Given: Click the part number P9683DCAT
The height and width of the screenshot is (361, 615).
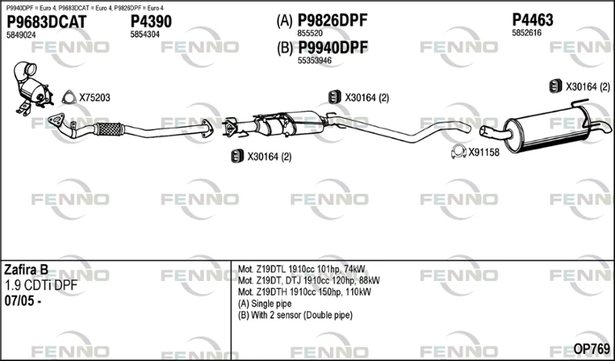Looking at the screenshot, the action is (x=47, y=22).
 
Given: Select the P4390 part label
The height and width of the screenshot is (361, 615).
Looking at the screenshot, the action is (x=151, y=22).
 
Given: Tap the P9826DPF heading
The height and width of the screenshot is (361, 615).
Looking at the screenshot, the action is (x=332, y=20).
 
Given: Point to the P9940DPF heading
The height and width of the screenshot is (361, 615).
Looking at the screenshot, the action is (x=333, y=48).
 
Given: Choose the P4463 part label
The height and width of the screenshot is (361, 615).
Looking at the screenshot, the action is (x=533, y=20).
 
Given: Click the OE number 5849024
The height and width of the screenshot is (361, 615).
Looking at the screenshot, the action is (x=22, y=35).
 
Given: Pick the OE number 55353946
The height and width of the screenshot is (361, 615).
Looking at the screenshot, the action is (x=314, y=61).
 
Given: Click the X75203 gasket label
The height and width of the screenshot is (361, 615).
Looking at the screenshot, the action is (x=95, y=98).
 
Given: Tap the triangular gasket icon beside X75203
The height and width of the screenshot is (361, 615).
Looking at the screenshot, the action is (x=69, y=97).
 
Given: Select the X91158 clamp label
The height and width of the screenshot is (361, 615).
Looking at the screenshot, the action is (x=484, y=152).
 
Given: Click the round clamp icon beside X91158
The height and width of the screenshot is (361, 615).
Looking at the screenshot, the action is (x=458, y=152).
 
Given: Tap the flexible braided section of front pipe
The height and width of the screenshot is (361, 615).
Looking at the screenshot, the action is (x=108, y=129).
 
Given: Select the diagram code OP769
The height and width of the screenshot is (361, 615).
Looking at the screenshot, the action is (x=591, y=348).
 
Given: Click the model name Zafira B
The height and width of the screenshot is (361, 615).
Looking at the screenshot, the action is (x=26, y=269).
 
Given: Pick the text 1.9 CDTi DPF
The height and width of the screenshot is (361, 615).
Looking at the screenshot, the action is (x=41, y=286).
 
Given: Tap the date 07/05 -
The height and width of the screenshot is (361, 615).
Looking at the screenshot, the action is (x=23, y=301).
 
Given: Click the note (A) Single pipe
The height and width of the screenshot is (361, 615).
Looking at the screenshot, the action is (x=264, y=303).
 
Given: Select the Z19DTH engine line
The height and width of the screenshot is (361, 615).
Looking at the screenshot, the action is (x=304, y=292).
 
